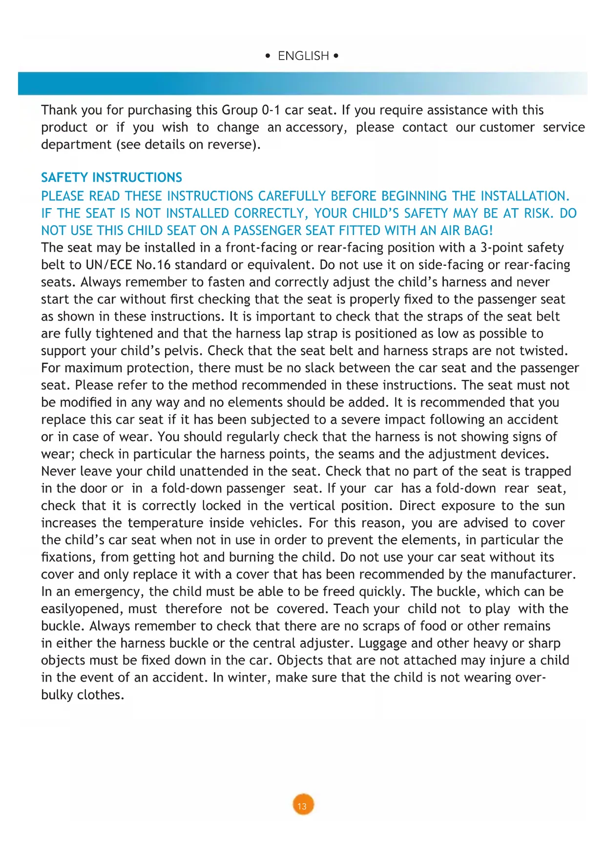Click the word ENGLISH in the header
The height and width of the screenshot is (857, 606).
click(x=303, y=56)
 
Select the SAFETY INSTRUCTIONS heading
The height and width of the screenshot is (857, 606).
click(x=111, y=177)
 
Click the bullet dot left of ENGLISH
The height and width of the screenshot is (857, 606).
click(x=268, y=56)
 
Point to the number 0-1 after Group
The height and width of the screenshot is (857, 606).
click(x=271, y=110)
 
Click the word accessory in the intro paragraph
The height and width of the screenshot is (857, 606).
click(x=316, y=128)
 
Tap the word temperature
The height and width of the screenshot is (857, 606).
click(x=166, y=523)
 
